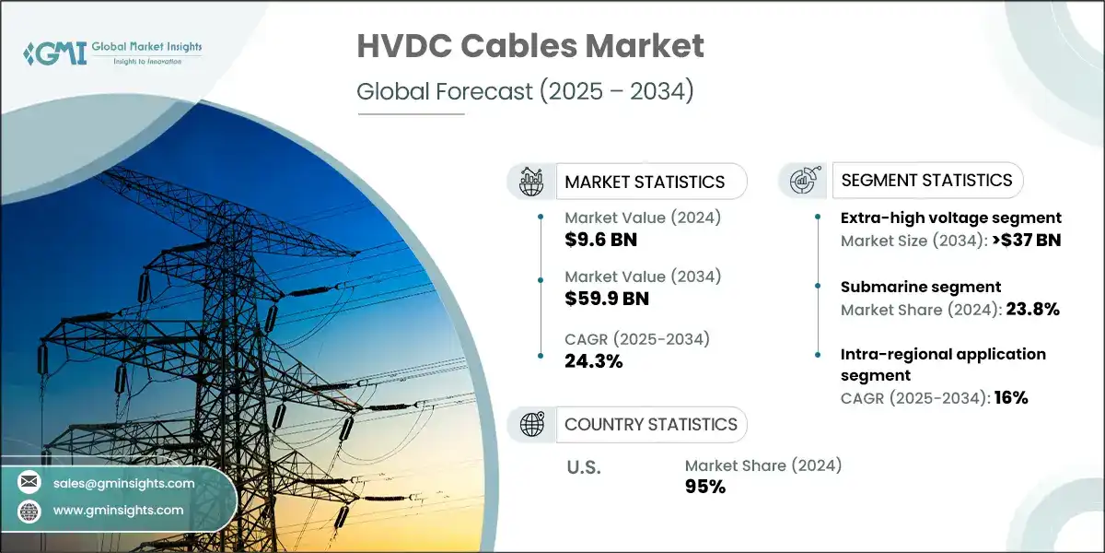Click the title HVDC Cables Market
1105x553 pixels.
530,46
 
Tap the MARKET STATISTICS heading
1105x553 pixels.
645,182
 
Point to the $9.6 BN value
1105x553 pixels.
601,240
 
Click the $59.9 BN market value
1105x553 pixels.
607,299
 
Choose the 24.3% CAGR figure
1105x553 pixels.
594,360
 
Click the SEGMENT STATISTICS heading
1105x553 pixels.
926,180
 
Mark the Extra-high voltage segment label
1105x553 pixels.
951,218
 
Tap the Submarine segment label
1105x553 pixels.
921,287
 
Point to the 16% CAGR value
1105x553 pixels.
1009,398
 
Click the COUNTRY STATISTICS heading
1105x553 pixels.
651,424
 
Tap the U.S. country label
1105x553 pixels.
583,467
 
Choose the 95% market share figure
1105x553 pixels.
705,487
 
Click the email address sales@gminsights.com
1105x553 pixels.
124,483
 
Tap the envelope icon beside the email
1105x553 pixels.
29,483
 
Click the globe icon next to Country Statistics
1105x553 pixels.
533,424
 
